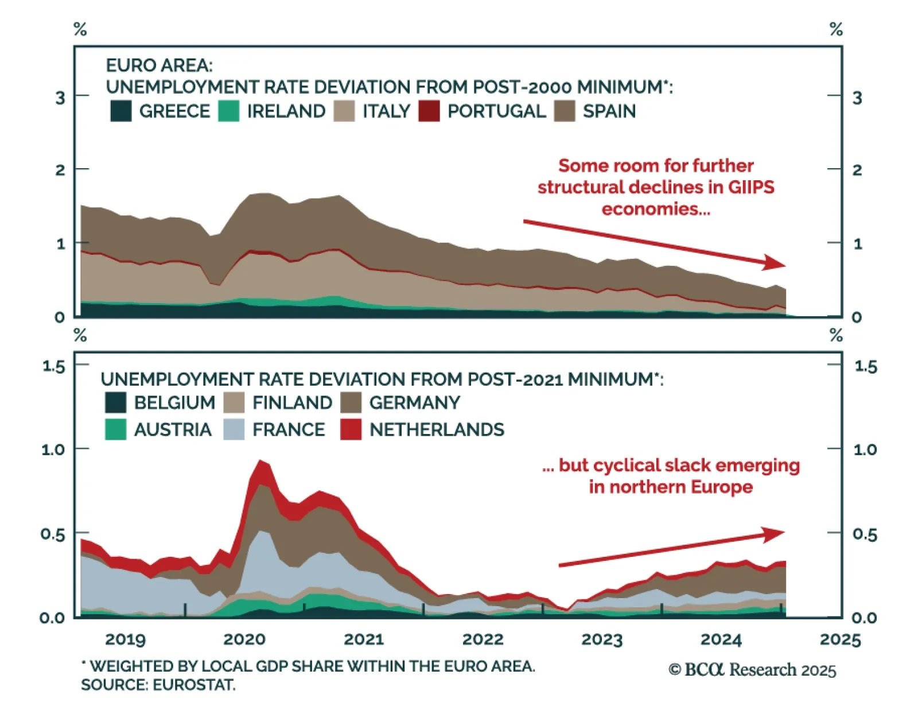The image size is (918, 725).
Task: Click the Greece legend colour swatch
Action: (121, 111)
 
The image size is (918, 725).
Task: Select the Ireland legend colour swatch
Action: (229, 111)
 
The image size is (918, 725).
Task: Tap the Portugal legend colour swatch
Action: (429, 111)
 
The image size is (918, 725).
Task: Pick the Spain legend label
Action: (609, 111)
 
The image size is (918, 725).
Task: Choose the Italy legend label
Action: (386, 111)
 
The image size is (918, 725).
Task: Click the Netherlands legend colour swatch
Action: (351, 429)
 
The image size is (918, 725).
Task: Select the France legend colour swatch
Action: (234, 429)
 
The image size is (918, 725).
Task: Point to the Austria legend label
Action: (173, 429)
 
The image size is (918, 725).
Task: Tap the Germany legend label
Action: (414, 402)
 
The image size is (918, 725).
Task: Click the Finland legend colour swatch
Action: (234, 402)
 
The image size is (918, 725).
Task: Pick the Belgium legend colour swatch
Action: (116, 402)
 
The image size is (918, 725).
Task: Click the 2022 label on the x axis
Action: (483, 639)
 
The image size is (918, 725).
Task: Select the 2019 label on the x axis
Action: (126, 639)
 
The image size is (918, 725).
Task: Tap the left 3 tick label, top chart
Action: (60, 98)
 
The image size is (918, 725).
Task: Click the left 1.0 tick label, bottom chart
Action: (53, 449)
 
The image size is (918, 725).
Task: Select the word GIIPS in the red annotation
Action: (751, 187)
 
